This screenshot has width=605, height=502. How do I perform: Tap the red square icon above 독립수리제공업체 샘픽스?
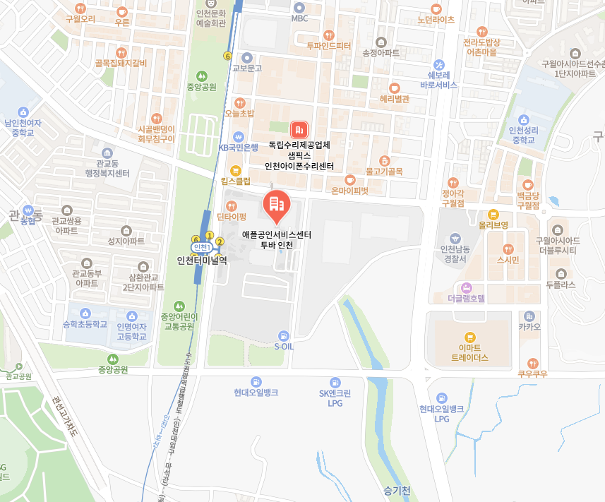[x=299, y=129]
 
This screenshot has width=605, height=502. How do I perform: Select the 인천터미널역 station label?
[x=202, y=259]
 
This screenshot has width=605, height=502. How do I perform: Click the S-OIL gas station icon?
[x=283, y=335]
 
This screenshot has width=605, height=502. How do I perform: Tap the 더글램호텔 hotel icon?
[x=467, y=287]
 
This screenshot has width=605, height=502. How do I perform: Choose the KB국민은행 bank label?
[x=239, y=148]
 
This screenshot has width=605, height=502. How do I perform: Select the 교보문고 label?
[x=247, y=68]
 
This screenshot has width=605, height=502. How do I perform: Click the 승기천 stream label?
[x=396, y=490]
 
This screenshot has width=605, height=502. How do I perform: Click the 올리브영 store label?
[x=493, y=225]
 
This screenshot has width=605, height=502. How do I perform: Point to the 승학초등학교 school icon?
[x=85, y=313]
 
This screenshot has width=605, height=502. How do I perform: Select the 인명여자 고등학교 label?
[x=131, y=331]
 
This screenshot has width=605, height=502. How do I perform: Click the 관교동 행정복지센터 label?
[x=107, y=169]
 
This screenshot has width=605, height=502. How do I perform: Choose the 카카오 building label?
[x=529, y=327]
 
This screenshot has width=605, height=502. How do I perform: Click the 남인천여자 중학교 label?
[x=23, y=127]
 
